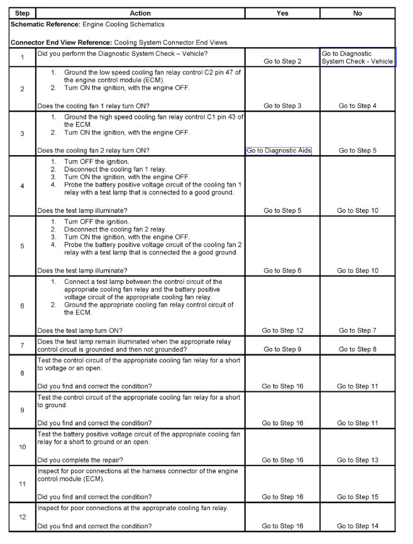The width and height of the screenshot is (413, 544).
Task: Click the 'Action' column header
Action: tap(140, 13)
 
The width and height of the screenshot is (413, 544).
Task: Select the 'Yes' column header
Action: tap(282, 13)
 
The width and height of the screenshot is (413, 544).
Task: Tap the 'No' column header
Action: tap(358, 13)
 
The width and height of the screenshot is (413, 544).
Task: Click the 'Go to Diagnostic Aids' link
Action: tap(278, 151)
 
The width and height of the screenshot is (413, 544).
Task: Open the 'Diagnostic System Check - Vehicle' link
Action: tap(358, 57)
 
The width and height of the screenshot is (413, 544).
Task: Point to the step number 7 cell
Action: tap(22, 345)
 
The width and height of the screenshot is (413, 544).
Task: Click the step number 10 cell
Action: tap(22, 447)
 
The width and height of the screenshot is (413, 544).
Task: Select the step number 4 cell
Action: tap(22, 186)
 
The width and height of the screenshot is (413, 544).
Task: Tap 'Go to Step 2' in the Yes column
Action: tap(282, 62)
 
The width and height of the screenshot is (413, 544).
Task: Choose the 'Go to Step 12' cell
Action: tap(282, 330)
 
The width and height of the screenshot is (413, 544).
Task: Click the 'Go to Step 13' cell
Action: tap(358, 460)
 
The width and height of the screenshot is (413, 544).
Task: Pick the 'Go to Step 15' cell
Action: tap(358, 497)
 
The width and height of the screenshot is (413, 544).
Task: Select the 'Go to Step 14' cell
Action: tap(358, 526)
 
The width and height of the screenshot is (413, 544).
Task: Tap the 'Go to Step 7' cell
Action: tap(358, 330)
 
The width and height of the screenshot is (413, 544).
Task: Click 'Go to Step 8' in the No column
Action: tap(358, 349)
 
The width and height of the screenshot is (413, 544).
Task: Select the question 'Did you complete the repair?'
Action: tap(82, 460)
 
